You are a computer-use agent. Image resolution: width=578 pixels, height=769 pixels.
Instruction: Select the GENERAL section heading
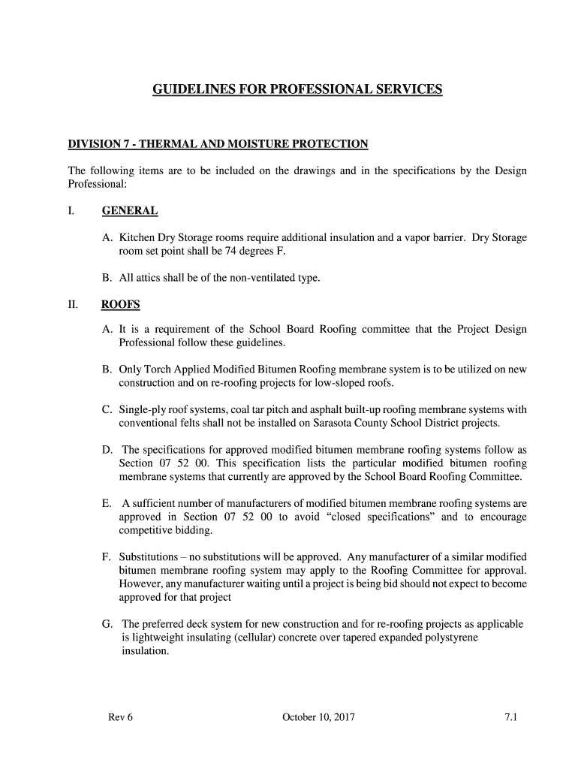130,211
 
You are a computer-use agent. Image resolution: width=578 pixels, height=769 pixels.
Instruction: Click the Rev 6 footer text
120,717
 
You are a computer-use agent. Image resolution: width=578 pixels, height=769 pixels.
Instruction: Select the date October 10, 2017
318,717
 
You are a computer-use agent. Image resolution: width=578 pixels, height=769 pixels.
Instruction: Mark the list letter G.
107,624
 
